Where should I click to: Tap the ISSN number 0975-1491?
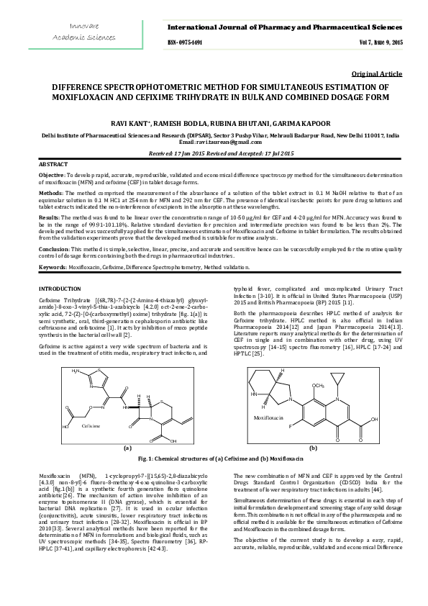pos(185,43)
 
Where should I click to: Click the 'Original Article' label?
pos(376,75)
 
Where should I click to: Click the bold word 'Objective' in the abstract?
pos(51,175)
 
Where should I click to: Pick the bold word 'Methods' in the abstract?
pos(50,194)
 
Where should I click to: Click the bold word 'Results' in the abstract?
pos(48,217)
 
